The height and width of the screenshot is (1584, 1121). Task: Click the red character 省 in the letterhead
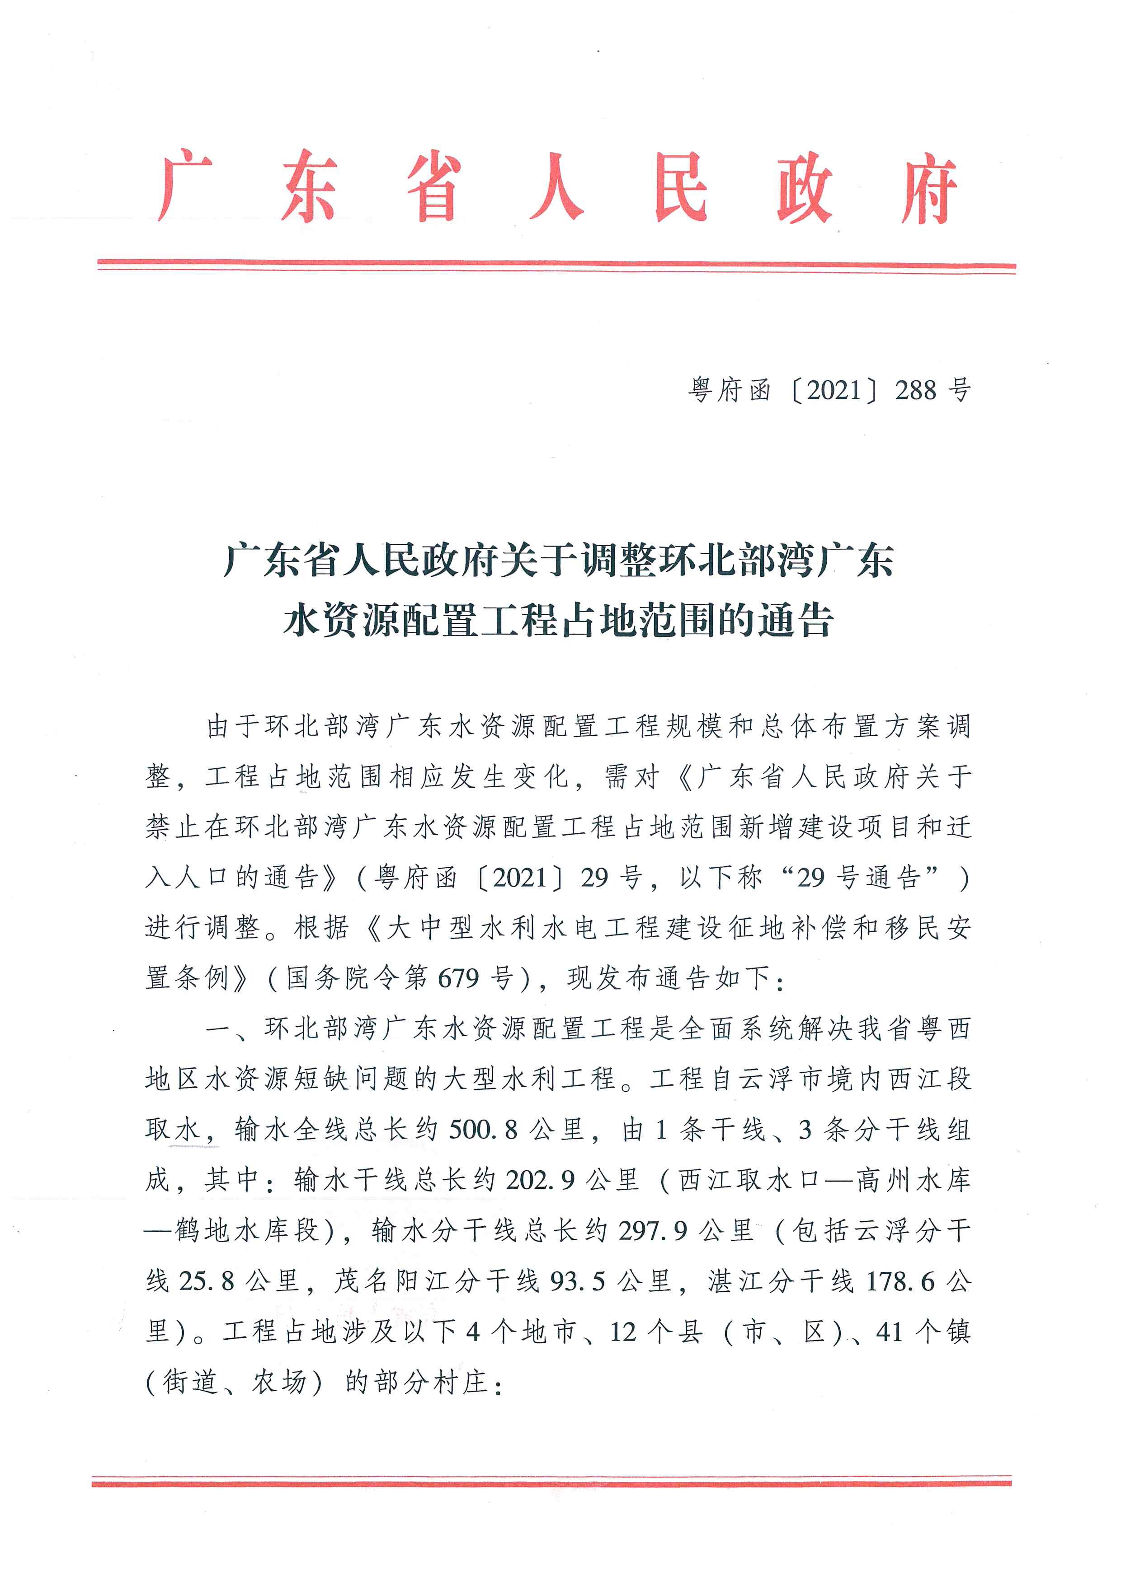click(x=433, y=187)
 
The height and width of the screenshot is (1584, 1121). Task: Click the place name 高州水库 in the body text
click(x=913, y=1180)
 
